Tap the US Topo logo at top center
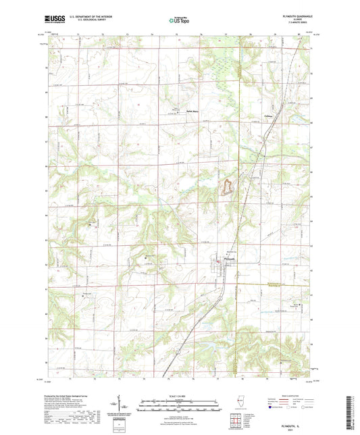click(x=179, y=21)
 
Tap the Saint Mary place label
click(x=173, y=112)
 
